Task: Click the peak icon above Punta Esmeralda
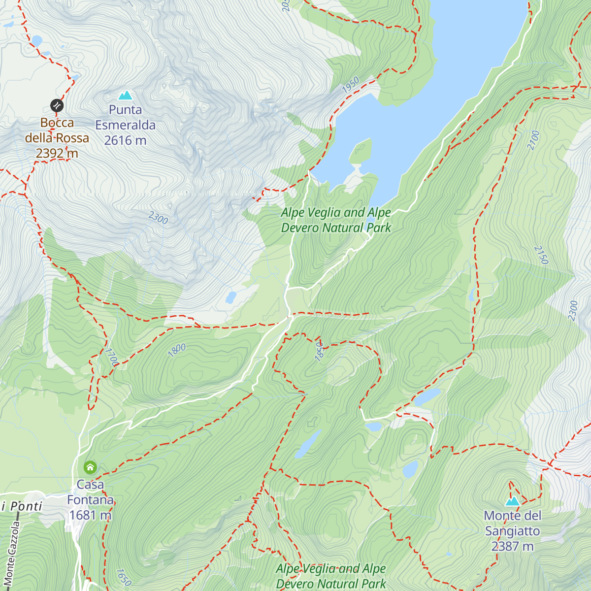click(x=125, y=95)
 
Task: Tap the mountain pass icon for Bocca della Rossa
click(x=57, y=105)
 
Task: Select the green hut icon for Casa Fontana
click(x=90, y=467)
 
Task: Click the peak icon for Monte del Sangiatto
click(x=512, y=501)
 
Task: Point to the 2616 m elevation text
click(x=125, y=141)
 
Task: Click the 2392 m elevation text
click(x=57, y=154)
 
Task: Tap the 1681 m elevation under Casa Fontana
click(x=90, y=516)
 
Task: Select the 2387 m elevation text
click(x=512, y=547)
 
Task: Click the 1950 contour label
click(x=351, y=85)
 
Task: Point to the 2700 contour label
click(x=533, y=140)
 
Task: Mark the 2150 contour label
click(x=541, y=255)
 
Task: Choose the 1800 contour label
click(x=177, y=350)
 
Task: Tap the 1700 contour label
click(x=112, y=357)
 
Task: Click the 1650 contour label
click(x=124, y=577)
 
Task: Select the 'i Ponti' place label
click(x=22, y=506)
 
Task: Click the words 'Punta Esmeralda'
click(x=125, y=118)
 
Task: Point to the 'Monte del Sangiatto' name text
click(x=512, y=524)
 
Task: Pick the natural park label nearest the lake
click(x=336, y=220)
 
